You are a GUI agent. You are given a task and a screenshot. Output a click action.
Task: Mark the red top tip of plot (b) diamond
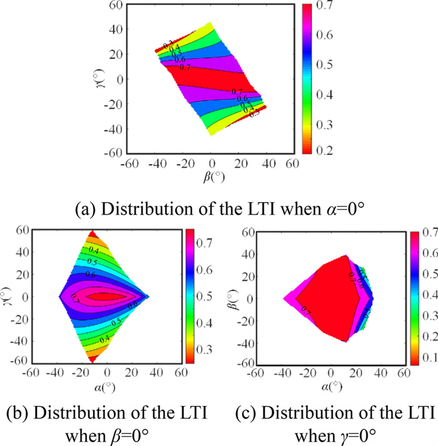click(x=93, y=234)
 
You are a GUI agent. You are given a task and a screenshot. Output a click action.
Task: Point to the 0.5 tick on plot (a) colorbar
click(x=322, y=64)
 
